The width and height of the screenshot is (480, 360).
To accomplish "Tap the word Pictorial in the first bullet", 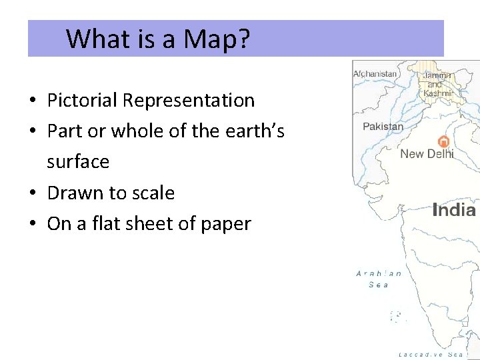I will (x=83, y=101).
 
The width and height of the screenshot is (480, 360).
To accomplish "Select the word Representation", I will (x=189, y=101).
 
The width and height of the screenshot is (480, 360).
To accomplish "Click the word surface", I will (x=78, y=162).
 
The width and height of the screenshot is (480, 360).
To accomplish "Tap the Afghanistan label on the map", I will (x=376, y=73).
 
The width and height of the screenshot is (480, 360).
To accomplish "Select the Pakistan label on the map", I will (x=383, y=126).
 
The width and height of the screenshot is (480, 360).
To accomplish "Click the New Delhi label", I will (x=427, y=154).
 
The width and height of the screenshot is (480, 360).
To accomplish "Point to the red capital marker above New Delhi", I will (x=443, y=141).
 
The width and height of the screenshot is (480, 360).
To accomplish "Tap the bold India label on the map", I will (x=454, y=211).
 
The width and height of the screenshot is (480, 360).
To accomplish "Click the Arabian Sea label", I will (x=379, y=279).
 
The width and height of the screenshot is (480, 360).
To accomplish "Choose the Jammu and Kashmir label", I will (x=437, y=85).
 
